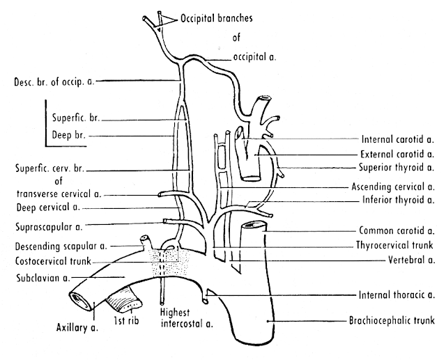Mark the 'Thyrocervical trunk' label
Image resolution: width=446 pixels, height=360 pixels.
pos(394,245)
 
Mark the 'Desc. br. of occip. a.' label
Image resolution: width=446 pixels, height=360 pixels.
pos(47,81)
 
